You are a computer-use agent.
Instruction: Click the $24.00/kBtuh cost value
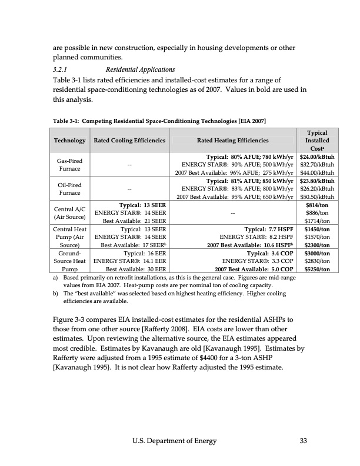(317, 157)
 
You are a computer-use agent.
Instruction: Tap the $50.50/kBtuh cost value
(317, 197)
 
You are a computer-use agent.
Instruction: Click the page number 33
(304, 441)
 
